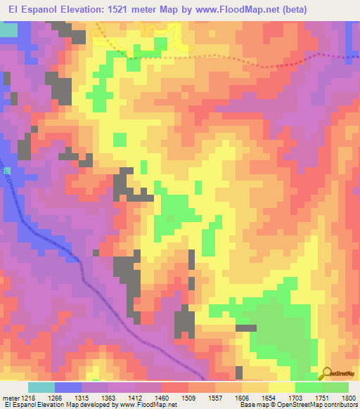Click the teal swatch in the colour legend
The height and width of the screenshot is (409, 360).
(x=41, y=387)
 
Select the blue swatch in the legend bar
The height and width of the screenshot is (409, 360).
(x=67, y=387)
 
